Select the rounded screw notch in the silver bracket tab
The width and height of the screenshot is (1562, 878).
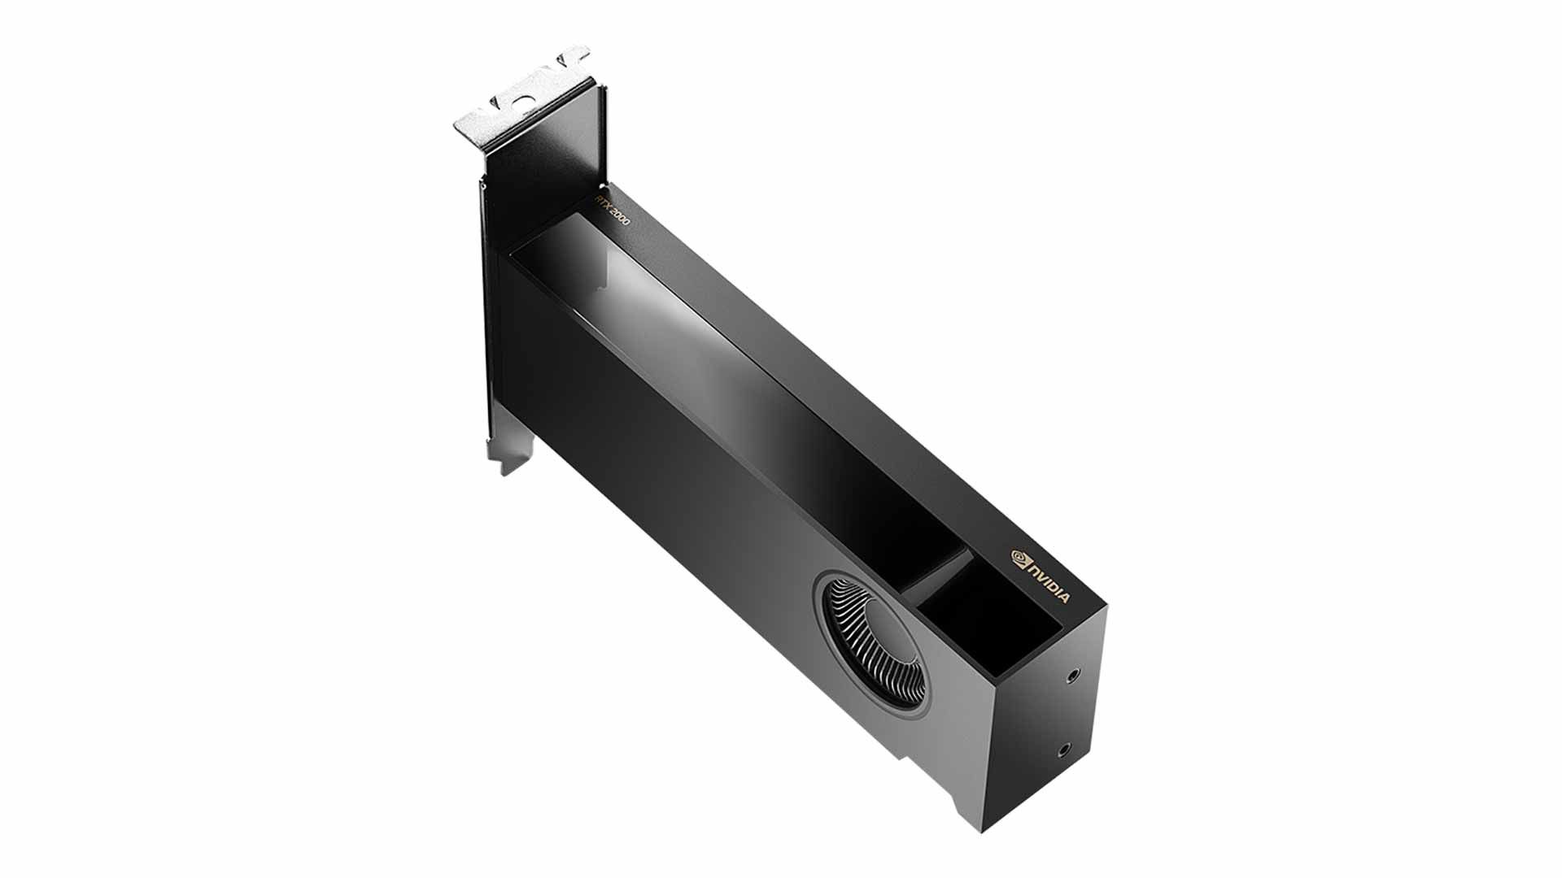click(526, 93)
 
